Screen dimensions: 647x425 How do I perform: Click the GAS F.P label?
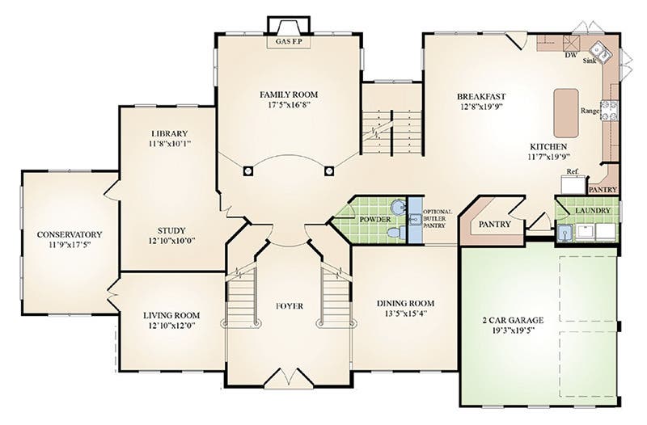(289, 42)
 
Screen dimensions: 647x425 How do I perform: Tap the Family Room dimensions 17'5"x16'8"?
(289, 105)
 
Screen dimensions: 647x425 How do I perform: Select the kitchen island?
(565, 113)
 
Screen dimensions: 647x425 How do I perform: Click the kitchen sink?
(599, 52)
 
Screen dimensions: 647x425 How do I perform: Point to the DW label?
(570, 55)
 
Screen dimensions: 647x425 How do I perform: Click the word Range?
(590, 111)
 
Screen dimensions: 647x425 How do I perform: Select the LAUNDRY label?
(593, 211)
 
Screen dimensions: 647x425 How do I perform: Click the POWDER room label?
(374, 219)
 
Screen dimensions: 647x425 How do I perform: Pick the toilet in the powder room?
(396, 233)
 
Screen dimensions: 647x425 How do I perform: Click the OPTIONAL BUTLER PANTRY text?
(437, 218)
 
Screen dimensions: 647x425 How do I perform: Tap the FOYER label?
(290, 306)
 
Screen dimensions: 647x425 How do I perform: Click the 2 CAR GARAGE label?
(513, 320)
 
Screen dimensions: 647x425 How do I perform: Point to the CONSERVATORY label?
(70, 234)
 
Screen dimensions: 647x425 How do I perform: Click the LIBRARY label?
(169, 133)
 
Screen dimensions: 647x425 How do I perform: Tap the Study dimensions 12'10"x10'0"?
(171, 241)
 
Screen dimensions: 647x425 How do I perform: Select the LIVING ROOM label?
(171, 316)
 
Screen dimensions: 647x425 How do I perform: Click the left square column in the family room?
(247, 170)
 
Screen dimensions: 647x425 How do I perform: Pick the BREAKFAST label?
(481, 97)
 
